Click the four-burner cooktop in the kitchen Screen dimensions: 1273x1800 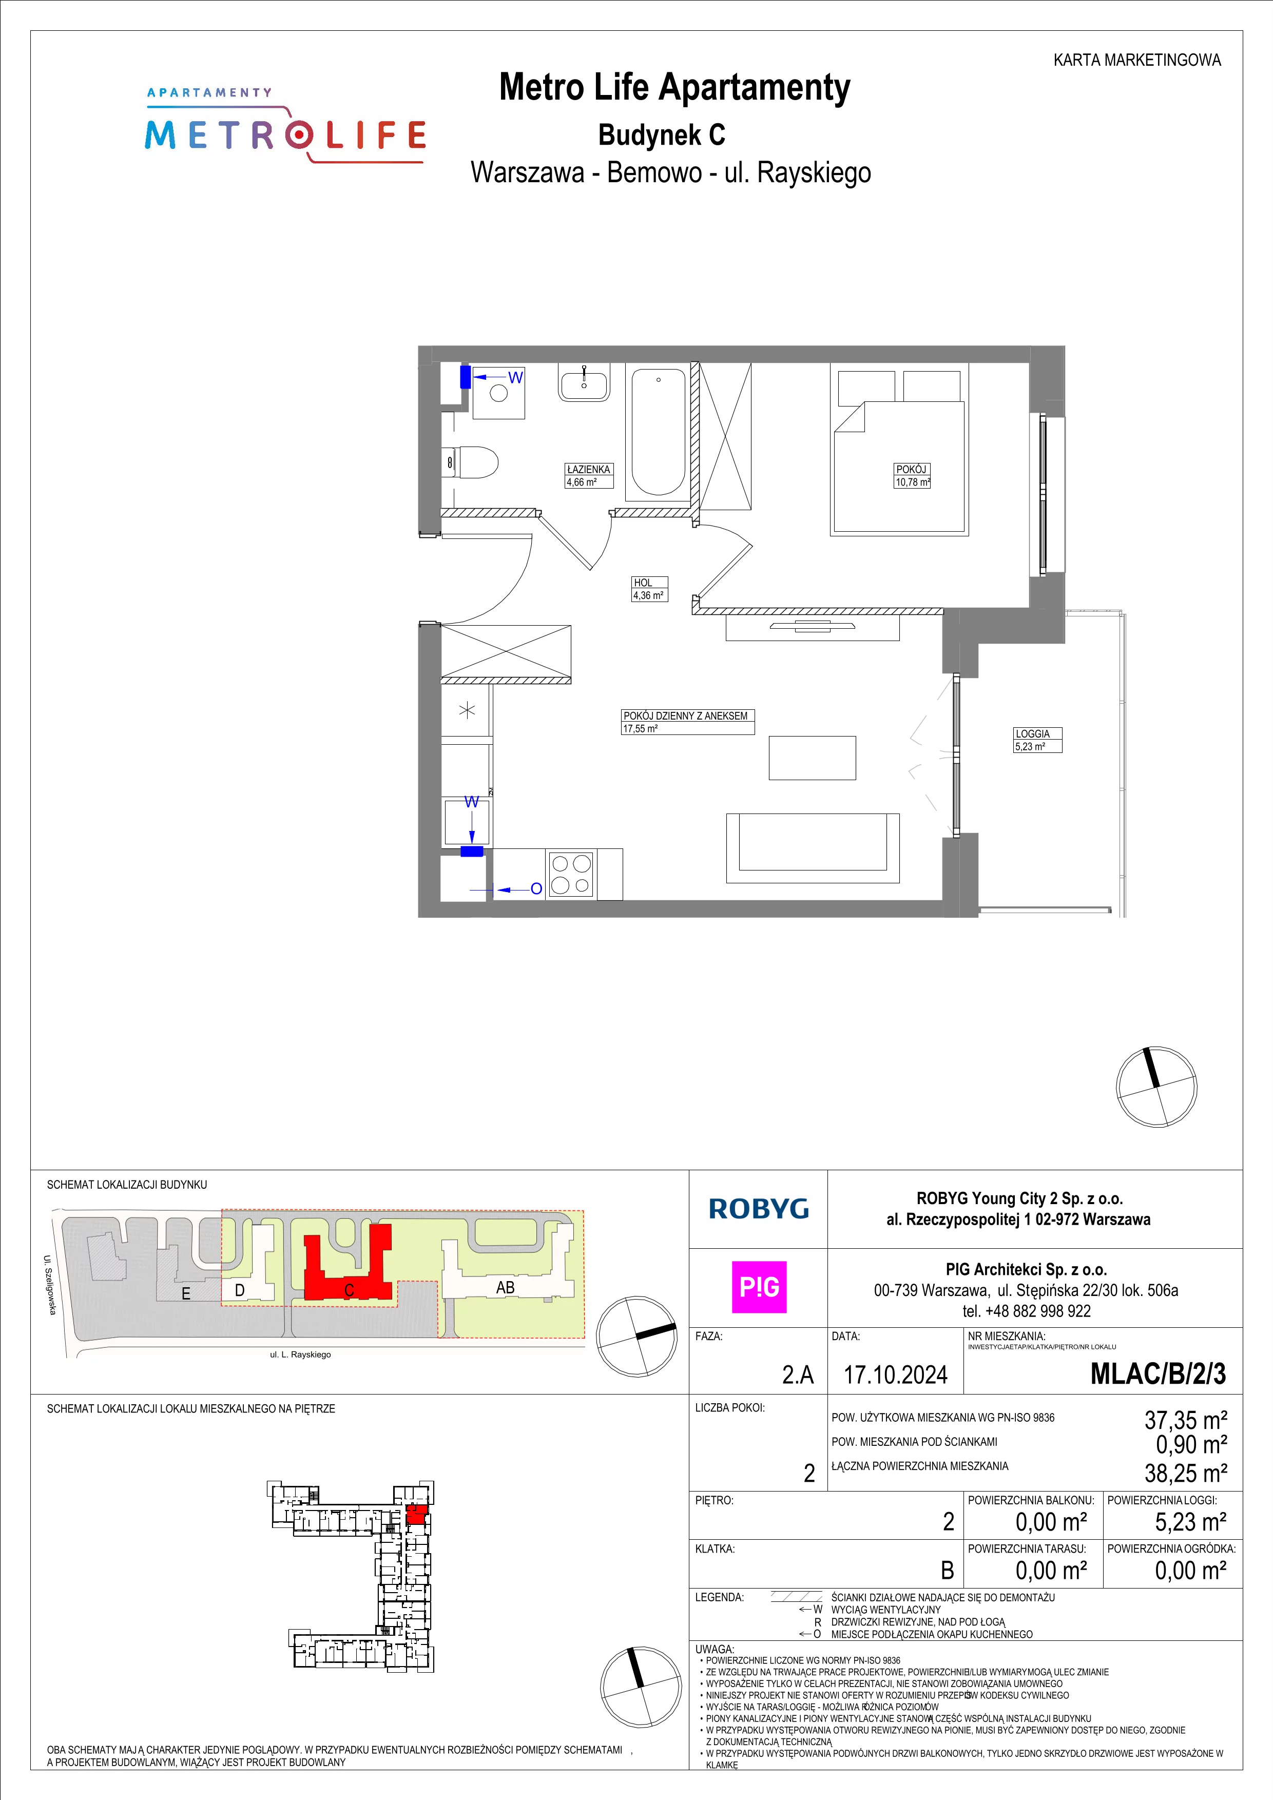571,874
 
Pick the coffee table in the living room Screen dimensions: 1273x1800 812,758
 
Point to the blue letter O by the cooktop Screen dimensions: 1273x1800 536,889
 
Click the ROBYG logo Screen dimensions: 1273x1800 758,1208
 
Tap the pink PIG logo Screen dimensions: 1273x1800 759,1287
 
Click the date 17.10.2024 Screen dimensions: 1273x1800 895,1375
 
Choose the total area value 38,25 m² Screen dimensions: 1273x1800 1186,1473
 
